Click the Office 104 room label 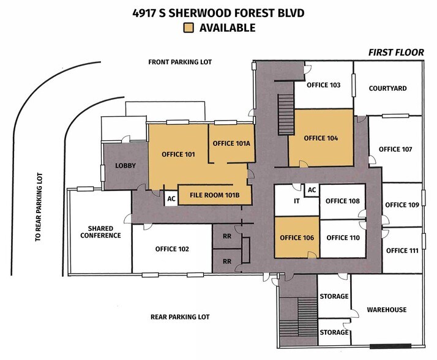(321, 138)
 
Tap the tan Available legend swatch (189, 28)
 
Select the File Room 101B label (214, 195)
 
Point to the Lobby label (125, 166)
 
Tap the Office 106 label (297, 238)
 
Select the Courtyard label (387, 88)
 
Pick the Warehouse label (387, 310)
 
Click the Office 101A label (231, 143)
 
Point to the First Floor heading (396, 53)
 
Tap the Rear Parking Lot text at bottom (180, 317)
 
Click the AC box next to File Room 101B (171, 198)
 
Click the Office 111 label (402, 250)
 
